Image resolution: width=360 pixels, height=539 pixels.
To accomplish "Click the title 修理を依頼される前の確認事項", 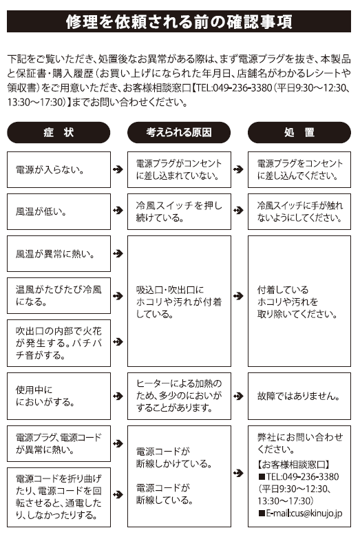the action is point(179,21).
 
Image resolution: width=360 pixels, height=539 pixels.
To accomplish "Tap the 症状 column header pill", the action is point(59,132).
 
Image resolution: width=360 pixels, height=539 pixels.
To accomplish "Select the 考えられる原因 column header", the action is point(179,132).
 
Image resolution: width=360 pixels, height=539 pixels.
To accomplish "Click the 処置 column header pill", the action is point(299,132).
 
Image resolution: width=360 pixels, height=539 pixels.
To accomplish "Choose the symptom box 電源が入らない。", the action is point(59,169).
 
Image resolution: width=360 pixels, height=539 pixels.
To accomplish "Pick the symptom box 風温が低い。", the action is point(59,211).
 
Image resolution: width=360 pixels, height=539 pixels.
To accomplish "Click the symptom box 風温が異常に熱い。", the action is point(59,254).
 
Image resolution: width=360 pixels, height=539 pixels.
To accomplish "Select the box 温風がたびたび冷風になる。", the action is point(59,295).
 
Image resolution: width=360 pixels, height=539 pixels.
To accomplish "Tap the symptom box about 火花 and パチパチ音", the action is point(59,343).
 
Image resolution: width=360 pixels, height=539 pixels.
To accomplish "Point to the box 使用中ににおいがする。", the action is point(59,396).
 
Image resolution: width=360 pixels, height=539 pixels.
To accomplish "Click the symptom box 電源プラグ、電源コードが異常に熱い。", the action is point(59,443).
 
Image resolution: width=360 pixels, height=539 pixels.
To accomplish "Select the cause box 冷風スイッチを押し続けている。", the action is point(179,211).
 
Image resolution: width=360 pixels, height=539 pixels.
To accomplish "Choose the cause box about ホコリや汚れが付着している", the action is point(179,301).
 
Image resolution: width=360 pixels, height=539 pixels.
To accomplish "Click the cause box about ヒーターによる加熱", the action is point(179,396).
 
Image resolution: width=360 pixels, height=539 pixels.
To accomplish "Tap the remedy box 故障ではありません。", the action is point(299,396).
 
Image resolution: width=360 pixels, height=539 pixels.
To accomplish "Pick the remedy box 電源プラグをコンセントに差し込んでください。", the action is point(299,169).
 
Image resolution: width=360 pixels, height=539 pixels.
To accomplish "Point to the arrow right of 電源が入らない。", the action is point(118,169).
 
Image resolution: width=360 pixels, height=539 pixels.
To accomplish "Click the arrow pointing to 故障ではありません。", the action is point(238,396).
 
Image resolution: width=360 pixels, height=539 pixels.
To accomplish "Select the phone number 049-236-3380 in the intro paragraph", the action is point(242,88).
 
